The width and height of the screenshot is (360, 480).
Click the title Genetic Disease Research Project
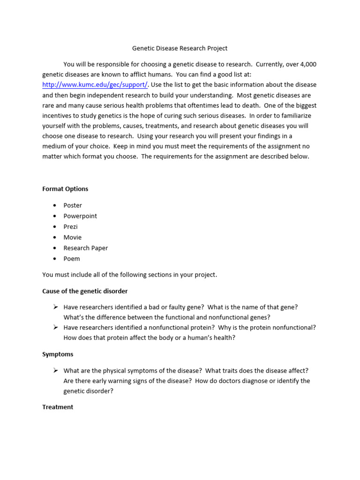[180, 48]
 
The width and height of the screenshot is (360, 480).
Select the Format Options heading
[65, 189]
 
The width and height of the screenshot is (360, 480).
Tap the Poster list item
[73, 205]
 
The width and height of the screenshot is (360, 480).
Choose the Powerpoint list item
[80, 216]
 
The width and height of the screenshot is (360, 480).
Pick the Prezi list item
[71, 227]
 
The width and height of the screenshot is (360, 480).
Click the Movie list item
[73, 238]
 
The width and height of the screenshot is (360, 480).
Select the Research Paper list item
[86, 248]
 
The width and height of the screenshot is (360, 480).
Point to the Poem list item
[72, 259]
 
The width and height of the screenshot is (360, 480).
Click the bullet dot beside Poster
[54, 205]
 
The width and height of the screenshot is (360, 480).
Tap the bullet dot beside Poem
[54, 259]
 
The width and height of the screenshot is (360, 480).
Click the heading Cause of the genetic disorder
[85, 291]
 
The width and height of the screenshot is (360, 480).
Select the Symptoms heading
[58, 354]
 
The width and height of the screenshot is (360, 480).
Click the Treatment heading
[58, 407]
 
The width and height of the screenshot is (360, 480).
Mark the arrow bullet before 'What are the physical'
[55, 370]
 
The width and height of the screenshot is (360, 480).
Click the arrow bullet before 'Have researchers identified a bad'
[55, 307]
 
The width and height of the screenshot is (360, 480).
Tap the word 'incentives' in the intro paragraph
[58, 116]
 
